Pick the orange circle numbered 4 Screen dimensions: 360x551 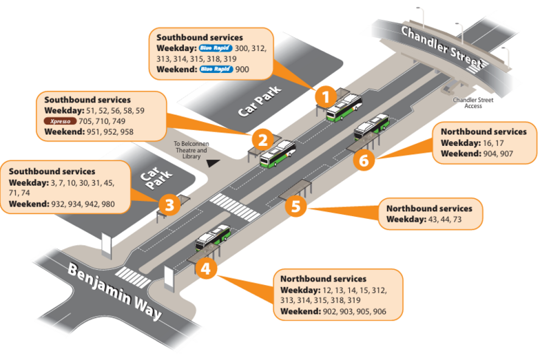point(205,268)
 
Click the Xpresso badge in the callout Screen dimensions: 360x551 point(59,120)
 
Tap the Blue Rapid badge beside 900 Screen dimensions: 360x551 point(215,70)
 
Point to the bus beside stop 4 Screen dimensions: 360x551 point(213,237)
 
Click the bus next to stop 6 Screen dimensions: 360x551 point(371,126)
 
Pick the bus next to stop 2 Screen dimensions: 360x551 point(278,153)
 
